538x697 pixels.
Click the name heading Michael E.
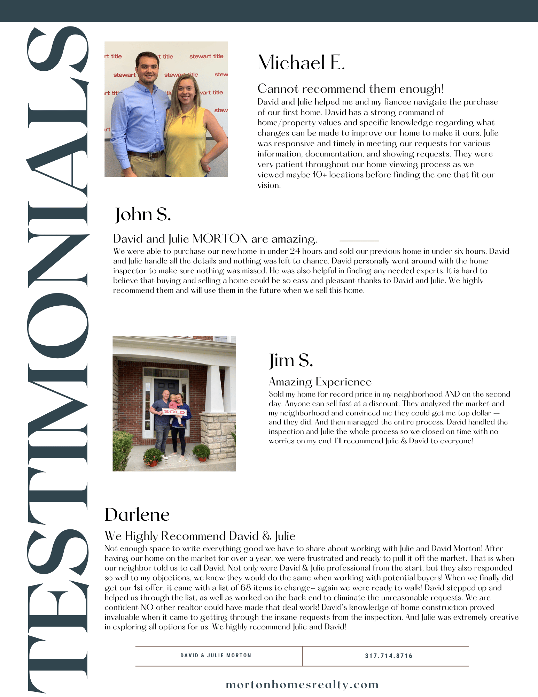tap(301, 63)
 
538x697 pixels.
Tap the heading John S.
tap(143, 214)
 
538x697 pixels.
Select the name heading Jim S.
tap(291, 360)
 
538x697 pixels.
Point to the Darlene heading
tap(137, 515)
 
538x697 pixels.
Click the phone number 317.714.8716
tap(389, 656)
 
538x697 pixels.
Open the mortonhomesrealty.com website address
tap(302, 685)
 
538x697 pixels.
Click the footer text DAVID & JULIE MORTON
tap(216, 656)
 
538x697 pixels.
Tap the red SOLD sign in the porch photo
tap(174, 412)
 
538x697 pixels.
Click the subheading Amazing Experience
tap(320, 382)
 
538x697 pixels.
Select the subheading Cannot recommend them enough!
tap(350, 89)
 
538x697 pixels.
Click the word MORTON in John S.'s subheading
tap(220, 239)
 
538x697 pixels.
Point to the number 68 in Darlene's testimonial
tap(245, 588)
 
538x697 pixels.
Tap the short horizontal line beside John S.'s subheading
tap(359, 241)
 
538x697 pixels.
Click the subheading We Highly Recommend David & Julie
tap(200, 536)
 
